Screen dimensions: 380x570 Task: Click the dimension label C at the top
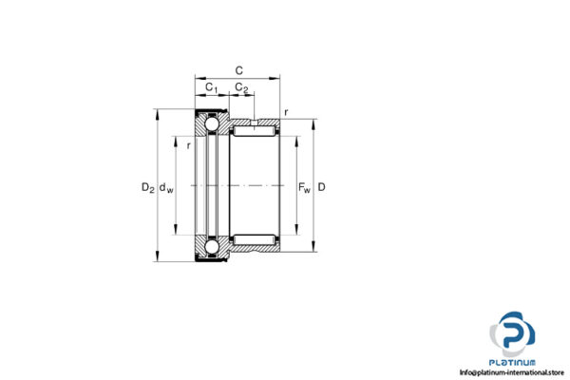(238, 68)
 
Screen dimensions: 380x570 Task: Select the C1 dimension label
(212, 89)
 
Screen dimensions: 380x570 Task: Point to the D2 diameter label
(147, 187)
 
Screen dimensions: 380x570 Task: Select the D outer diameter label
(322, 187)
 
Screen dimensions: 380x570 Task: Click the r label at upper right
(286, 112)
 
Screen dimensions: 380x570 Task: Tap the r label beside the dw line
(189, 145)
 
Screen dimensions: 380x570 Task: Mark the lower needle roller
(254, 237)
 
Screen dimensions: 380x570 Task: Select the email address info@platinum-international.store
(512, 371)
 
